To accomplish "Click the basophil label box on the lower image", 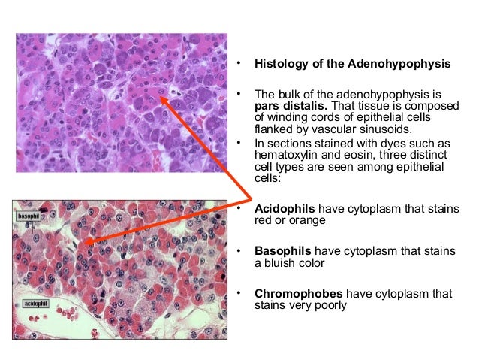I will [x=28, y=216].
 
